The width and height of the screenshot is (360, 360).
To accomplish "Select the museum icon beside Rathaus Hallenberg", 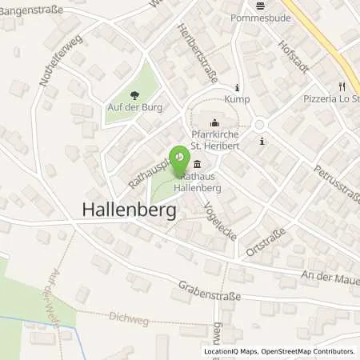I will [x=195, y=163].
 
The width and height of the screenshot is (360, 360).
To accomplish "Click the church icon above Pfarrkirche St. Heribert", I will [x=214, y=124].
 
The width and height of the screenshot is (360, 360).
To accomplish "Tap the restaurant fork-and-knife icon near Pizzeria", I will [x=342, y=86].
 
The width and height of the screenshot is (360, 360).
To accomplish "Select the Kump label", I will [x=238, y=100].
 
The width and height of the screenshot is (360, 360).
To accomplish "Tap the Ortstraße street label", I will [x=262, y=243].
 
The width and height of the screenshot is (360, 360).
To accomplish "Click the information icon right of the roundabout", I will [x=262, y=141].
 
